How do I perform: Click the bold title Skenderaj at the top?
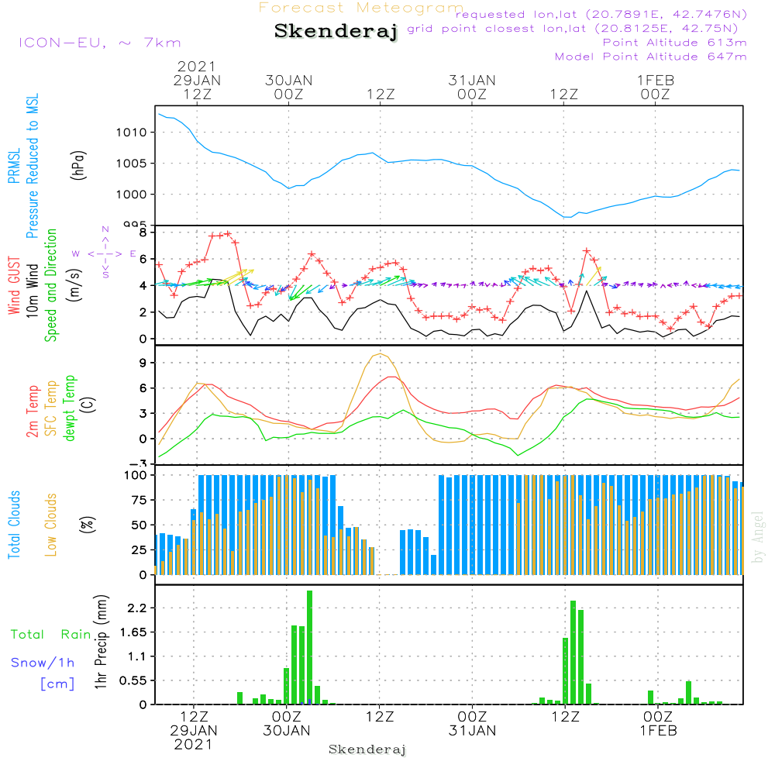336,32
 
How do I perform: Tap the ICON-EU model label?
98,43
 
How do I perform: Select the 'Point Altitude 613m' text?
674,43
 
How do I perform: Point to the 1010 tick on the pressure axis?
131,133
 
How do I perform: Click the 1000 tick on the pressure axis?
131,195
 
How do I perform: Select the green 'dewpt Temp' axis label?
69,408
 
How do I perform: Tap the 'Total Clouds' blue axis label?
15,525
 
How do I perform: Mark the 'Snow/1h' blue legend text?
43,663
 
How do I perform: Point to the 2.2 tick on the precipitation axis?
135,608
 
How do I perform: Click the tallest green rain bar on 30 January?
309,647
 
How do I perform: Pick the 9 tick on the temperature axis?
143,363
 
